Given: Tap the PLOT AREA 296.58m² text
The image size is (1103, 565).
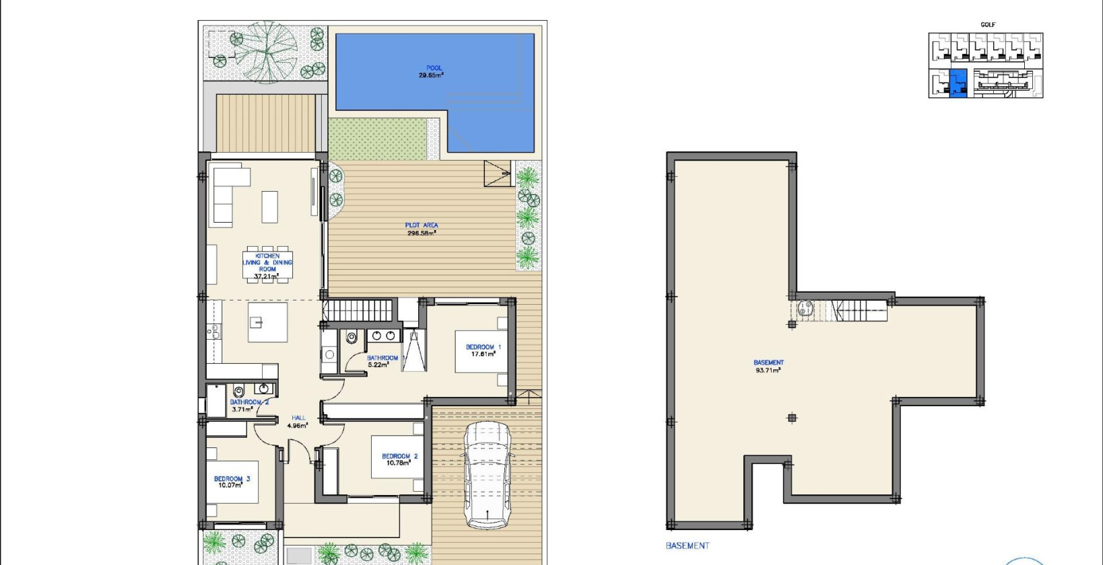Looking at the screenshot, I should pos(422,229).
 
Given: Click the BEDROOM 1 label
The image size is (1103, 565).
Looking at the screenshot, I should pos(483,350).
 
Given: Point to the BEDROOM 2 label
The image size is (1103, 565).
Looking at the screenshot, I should pos(399,459).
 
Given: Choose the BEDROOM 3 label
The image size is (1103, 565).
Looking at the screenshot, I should pos(232,482).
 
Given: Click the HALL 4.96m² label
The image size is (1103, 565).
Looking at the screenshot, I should pos(298,422).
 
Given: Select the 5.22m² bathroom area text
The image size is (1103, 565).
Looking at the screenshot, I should pos(378,365).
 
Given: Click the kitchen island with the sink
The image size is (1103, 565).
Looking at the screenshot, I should pos(267,322).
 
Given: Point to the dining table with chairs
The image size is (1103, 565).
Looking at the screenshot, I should pos(267,265).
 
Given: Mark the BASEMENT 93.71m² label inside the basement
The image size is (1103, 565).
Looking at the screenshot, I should pos(768,366).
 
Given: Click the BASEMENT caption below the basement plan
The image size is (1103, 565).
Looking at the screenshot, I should pos(687,545).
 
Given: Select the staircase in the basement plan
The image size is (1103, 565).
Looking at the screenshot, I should pos(858,310).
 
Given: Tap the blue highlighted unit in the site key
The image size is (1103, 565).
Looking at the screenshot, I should pos(958,83).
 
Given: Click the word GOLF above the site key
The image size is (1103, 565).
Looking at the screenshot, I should pos(988,25).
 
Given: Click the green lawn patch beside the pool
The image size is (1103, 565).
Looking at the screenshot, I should pos(378,138).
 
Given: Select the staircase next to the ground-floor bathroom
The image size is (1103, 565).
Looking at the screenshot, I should pos(358,310).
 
